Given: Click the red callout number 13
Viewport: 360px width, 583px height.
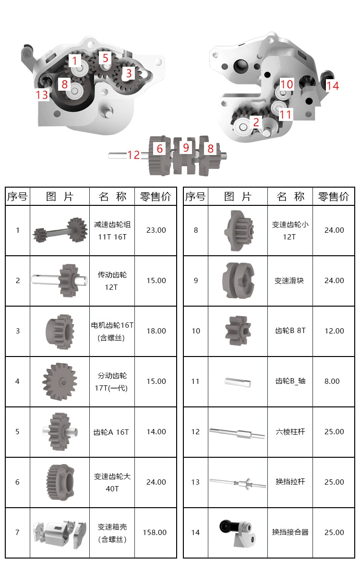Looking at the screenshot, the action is tap(42, 95).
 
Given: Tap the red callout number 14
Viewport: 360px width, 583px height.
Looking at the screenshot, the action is tap(333, 85).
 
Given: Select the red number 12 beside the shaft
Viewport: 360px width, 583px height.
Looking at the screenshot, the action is tap(133, 155).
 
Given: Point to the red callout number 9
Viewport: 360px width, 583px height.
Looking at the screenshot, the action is tap(186, 148).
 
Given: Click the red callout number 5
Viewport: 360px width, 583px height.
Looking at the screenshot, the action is tap(105, 58).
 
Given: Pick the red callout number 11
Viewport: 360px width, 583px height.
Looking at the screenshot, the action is tap(285, 115).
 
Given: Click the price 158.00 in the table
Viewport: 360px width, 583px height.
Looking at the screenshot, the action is tap(155, 533).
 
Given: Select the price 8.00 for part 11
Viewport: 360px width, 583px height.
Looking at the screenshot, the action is tap(332, 381).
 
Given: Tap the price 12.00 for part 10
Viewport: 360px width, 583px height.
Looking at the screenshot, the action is tap(334, 331).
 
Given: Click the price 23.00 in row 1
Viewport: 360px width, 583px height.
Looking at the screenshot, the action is tap(156, 230).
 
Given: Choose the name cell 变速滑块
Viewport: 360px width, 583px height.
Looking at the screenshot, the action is tap(289, 281).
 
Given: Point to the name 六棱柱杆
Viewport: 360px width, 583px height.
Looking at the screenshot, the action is tap(290, 432).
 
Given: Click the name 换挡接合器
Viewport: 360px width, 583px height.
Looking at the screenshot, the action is tap(290, 532).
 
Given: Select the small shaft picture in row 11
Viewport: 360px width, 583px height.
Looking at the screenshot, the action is tap(238, 382).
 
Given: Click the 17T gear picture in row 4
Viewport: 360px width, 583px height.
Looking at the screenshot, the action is tap(60, 381).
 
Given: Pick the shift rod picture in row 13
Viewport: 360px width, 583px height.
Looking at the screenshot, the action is tap(238, 483).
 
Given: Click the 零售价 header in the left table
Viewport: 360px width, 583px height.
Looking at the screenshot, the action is tap(156, 197).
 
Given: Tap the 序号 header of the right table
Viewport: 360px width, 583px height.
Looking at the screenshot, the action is tap(195, 197).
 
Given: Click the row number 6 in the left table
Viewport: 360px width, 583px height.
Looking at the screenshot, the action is tap(17, 482).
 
